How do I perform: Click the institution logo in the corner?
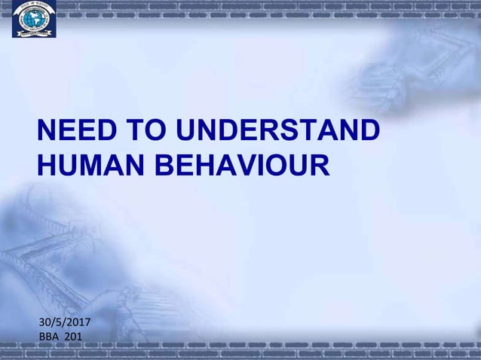pyautogui.click(x=34, y=19)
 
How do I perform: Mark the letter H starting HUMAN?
pyautogui.click(x=47, y=165)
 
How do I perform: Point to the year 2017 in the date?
pyautogui.click(x=78, y=322)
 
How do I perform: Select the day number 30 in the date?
pyautogui.click(x=45, y=322)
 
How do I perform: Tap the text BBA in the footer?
pyautogui.click(x=49, y=336)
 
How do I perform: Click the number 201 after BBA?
pyautogui.click(x=74, y=336)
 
